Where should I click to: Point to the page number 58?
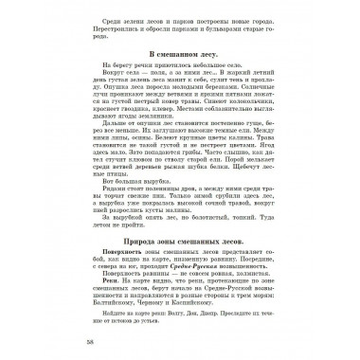[x=63, y=338]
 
